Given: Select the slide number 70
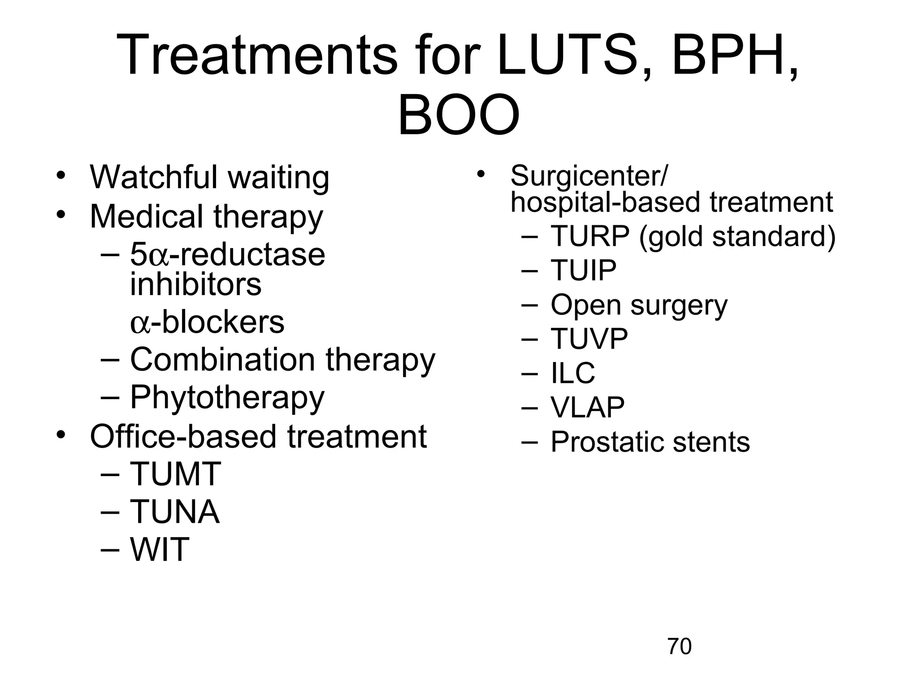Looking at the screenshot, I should (679, 646).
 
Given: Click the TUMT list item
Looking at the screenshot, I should (175, 474).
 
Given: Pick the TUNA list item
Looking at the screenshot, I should (175, 512).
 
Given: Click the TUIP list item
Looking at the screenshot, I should (583, 270).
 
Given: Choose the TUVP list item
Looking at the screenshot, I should (589, 339).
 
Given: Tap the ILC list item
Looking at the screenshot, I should (572, 373).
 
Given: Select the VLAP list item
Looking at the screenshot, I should (587, 407).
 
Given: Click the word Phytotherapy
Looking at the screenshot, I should (227, 398).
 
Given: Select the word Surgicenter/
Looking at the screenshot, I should (589, 176).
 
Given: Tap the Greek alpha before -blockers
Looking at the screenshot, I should (139, 324).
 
